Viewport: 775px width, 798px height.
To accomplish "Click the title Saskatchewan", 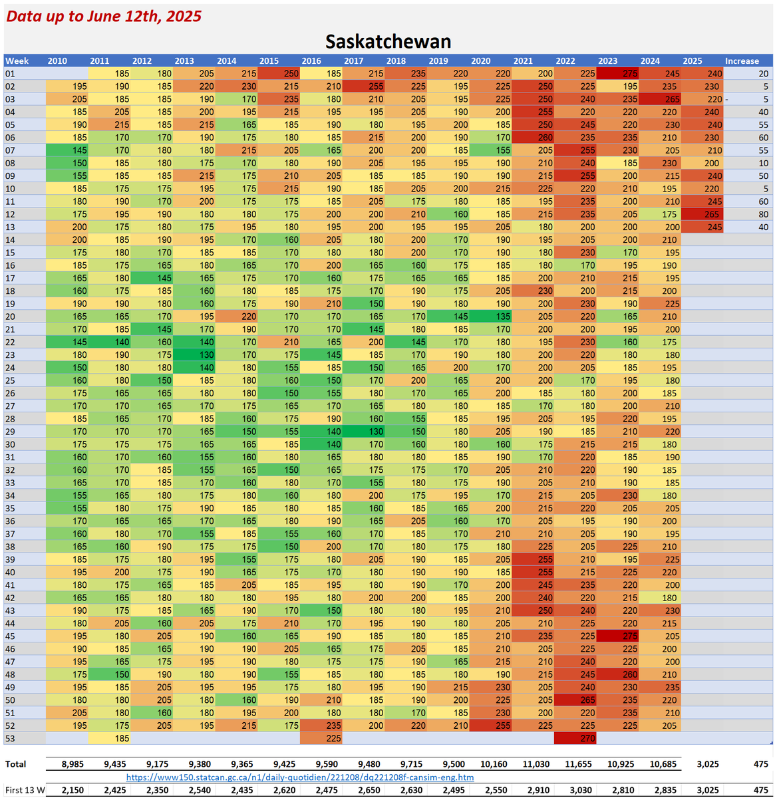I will (x=388, y=42).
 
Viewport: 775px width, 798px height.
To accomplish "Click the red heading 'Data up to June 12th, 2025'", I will (x=104, y=17).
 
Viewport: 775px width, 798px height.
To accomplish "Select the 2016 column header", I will (x=311, y=61).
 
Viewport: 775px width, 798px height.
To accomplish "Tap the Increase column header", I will (x=742, y=61).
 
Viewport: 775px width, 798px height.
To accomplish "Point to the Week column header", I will (x=17, y=61).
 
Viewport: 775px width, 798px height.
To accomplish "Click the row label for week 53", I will (x=11, y=738).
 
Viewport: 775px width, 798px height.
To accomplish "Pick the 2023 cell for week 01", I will (x=617, y=74).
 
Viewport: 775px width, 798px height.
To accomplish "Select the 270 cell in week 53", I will (x=575, y=738).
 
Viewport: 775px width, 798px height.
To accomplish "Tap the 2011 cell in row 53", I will (x=110, y=738).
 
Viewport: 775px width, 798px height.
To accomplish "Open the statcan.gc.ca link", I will (x=300, y=777).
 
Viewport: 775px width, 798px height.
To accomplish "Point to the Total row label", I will (x=16, y=764).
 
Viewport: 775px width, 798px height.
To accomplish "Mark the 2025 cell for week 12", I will (x=702, y=214).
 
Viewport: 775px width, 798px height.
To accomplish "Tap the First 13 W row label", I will (x=25, y=790).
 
